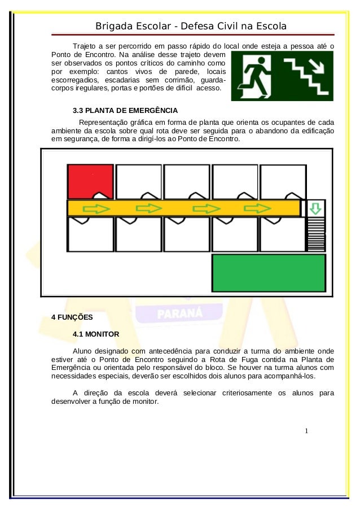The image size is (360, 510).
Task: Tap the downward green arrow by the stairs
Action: (x=315, y=208)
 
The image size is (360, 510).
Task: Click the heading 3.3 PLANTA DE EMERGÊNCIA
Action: (x=125, y=110)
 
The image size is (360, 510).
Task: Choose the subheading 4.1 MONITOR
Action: (x=96, y=334)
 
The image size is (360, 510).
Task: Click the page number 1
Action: (x=306, y=431)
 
